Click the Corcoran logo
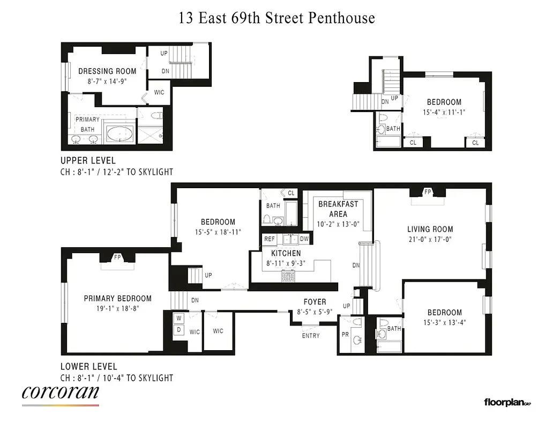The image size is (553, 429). tap(61, 393)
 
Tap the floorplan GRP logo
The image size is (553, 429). tap(507, 402)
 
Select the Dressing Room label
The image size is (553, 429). tap(103, 71)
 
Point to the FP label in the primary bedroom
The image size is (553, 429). tap(117, 258)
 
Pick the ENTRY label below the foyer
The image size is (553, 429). tap(311, 336)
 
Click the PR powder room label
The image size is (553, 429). tap(345, 334)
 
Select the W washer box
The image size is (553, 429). tap(178, 317)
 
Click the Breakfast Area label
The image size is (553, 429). tap(338, 209)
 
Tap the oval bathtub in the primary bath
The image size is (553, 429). tap(119, 134)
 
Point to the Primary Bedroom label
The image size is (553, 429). tap(117, 299)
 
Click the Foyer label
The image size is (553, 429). tap(315, 302)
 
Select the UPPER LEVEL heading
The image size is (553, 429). tap(88, 160)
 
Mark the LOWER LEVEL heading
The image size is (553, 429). tap(88, 367)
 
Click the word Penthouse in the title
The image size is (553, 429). tap(341, 18)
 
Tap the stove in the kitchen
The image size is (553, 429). tap(288, 276)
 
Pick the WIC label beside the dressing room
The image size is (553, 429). tap(159, 92)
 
